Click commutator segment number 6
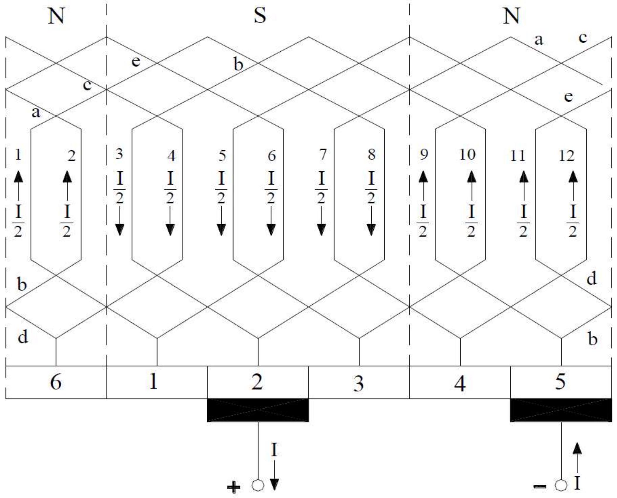(56, 382)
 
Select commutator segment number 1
(153, 382)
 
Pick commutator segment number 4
(460, 383)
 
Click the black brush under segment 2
(258, 410)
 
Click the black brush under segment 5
(561, 410)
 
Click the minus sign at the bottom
(540, 486)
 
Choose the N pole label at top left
(56, 16)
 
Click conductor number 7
(323, 155)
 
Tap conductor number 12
(566, 156)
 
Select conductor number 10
(467, 155)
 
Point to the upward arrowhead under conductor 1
(18, 177)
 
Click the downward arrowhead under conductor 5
(221, 229)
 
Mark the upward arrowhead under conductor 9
(423, 177)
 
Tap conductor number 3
(119, 154)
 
